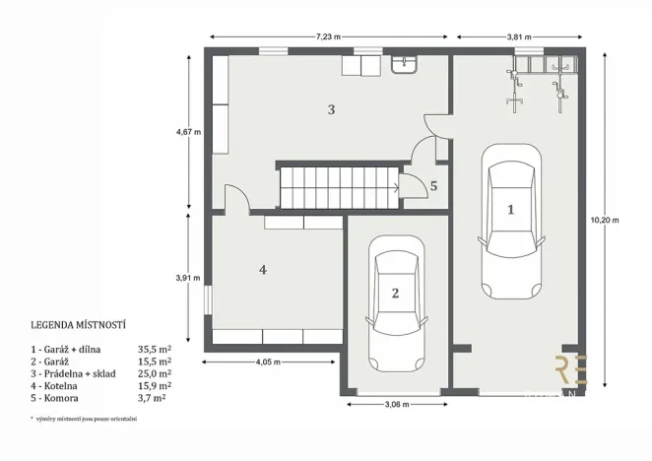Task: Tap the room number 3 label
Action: click(x=332, y=109)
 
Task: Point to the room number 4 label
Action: click(x=263, y=269)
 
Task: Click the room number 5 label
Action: click(x=433, y=184)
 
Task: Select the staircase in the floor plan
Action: click(x=338, y=187)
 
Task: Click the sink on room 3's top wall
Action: click(x=404, y=65)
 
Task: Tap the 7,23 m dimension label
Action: click(x=330, y=37)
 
